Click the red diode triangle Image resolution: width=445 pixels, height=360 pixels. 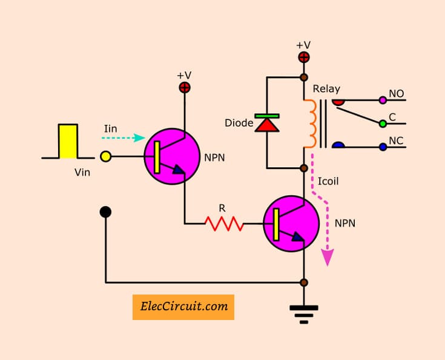[267, 125]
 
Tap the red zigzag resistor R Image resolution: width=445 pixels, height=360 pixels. [224, 224]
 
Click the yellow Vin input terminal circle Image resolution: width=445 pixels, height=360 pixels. [106, 156]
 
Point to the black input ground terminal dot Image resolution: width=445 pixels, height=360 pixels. [105, 212]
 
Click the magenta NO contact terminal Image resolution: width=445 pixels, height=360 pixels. [383, 100]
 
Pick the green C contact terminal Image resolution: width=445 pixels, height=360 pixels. [383, 124]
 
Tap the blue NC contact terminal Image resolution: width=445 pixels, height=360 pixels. [383, 147]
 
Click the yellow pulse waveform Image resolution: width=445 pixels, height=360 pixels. [68, 141]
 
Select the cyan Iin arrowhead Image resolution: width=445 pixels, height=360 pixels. [140, 138]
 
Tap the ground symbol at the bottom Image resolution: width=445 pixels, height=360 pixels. [304, 315]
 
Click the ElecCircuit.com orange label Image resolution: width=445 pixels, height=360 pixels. [183, 307]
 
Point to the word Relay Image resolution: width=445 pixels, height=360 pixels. [326, 89]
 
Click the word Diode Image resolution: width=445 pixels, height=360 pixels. [239, 123]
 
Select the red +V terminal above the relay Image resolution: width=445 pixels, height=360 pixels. [304, 58]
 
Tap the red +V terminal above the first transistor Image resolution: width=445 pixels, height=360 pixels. [185, 87]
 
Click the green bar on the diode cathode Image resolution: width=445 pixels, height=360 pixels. [267, 116]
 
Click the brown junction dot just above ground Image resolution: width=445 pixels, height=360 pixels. [304, 282]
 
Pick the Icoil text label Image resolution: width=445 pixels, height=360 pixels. [328, 181]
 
